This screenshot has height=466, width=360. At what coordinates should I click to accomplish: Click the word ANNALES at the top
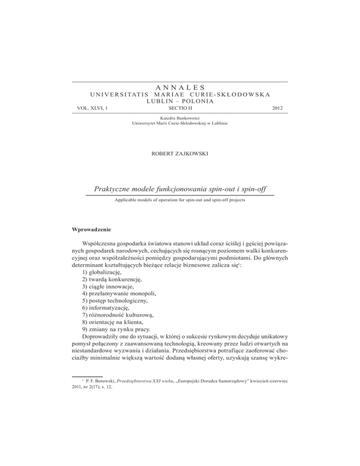(x=180, y=87)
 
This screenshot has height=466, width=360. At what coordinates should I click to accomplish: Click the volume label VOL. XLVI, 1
(x=92, y=108)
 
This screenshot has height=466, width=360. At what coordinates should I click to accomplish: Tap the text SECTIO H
(x=180, y=108)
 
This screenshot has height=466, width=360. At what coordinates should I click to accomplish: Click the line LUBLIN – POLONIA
(x=180, y=101)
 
